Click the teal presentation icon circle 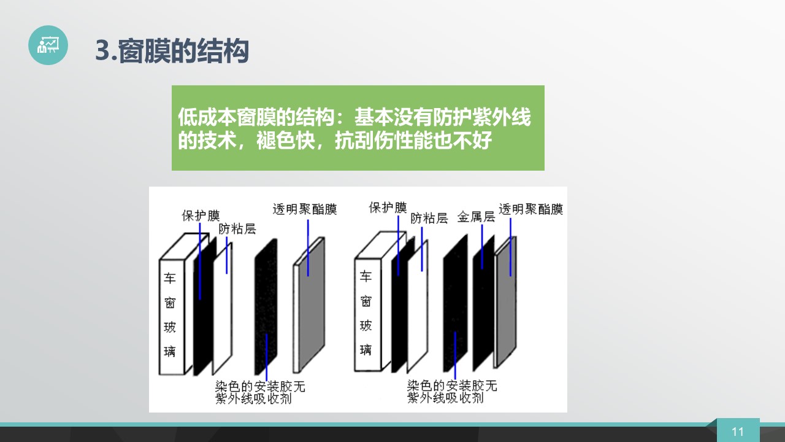pos(48,45)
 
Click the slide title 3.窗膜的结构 pos(172,51)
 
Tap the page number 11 pos(738,432)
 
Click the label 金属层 pos(476,217)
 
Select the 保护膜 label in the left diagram pos(201,215)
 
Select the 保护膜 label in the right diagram pos(388,207)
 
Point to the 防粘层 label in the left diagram pos(237,229)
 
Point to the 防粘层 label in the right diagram pos(429,218)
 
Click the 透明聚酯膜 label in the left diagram pos(305,209)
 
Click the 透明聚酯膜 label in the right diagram pos(530,209)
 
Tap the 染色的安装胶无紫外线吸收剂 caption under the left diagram pos(260,392)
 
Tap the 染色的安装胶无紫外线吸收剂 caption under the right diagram pos(452,392)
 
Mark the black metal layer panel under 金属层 pos(484,303)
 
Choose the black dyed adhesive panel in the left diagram pos(266,307)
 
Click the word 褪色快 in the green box pos(286,141)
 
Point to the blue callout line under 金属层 pos(482,247)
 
